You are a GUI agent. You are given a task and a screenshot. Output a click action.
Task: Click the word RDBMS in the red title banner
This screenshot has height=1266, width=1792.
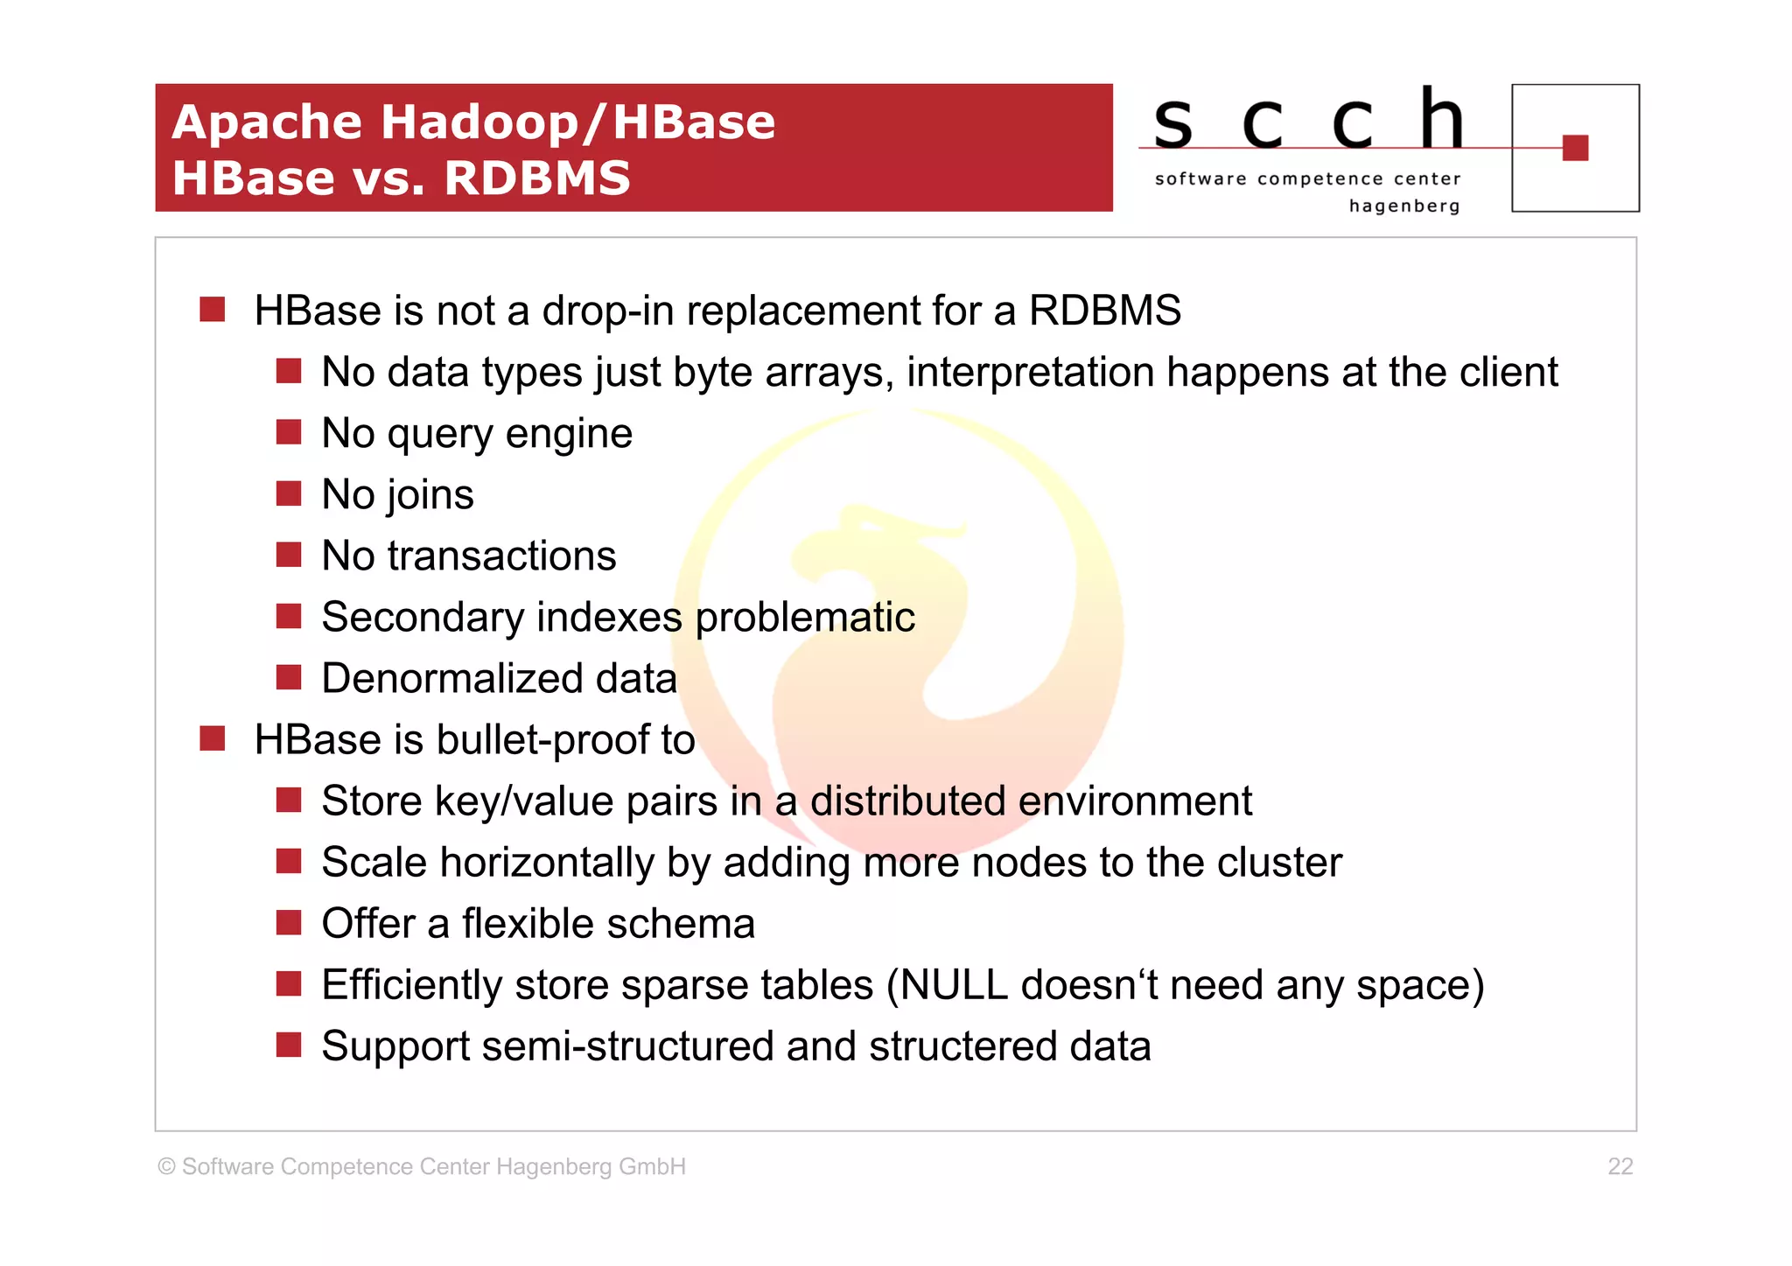point(536,178)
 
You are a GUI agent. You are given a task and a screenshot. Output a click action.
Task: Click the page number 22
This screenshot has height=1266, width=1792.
point(1620,1166)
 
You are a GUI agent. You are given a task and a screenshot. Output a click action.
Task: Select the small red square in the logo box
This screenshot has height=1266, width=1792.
point(1575,148)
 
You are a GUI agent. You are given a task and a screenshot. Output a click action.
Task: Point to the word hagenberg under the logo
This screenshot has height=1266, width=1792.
point(1403,206)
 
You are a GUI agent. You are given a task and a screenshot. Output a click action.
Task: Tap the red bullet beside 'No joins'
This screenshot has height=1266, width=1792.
point(289,493)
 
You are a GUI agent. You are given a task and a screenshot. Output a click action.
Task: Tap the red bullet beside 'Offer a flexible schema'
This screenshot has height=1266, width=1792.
point(289,923)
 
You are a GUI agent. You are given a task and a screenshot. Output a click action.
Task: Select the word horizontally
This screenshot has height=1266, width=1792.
point(547,863)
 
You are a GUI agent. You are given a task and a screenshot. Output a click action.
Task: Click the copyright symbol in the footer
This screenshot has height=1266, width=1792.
point(166,1167)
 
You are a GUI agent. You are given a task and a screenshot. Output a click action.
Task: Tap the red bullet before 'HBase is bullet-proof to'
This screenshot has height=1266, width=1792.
point(213,739)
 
